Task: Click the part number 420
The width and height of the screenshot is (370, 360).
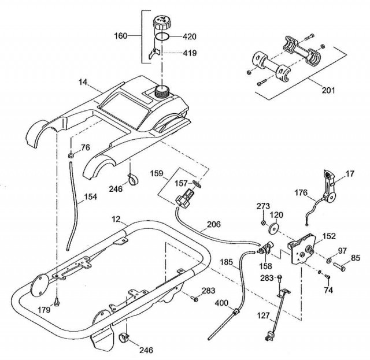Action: (190, 36)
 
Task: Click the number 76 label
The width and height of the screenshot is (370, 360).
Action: (85, 148)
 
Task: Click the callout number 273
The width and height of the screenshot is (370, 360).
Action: (263, 206)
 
